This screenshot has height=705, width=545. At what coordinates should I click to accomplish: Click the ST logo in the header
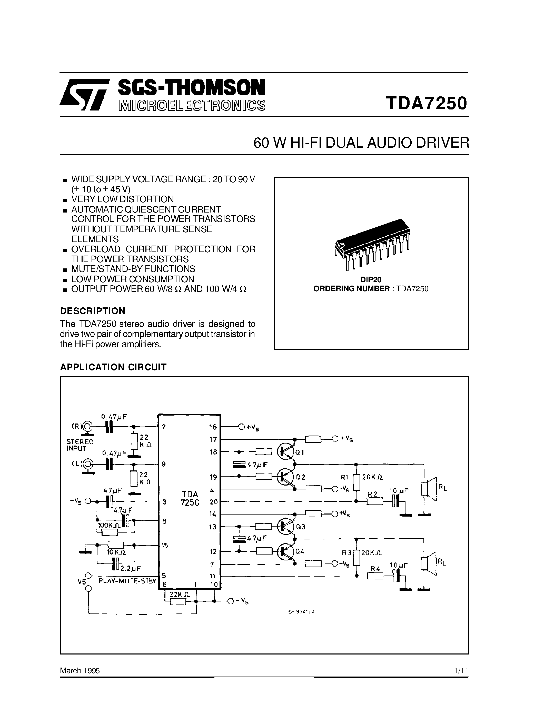pyautogui.click(x=85, y=94)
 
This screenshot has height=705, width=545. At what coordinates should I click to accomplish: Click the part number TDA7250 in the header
pyautogui.click(x=426, y=103)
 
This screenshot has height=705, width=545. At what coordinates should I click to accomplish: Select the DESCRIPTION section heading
pyautogui.click(x=93, y=311)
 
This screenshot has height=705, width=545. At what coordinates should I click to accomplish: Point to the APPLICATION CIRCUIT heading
pyautogui.click(x=113, y=367)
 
